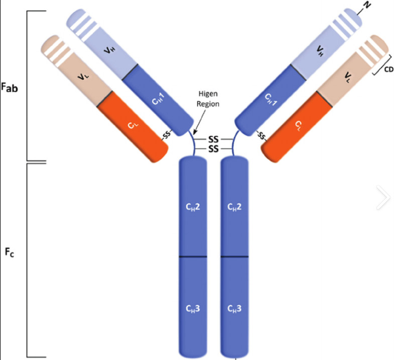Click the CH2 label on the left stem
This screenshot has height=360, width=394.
click(193, 207)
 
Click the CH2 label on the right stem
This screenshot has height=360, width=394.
click(235, 207)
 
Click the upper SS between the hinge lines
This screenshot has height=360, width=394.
click(214, 139)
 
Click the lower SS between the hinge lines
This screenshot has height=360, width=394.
click(214, 149)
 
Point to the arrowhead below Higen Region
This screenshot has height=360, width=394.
click(188, 131)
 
